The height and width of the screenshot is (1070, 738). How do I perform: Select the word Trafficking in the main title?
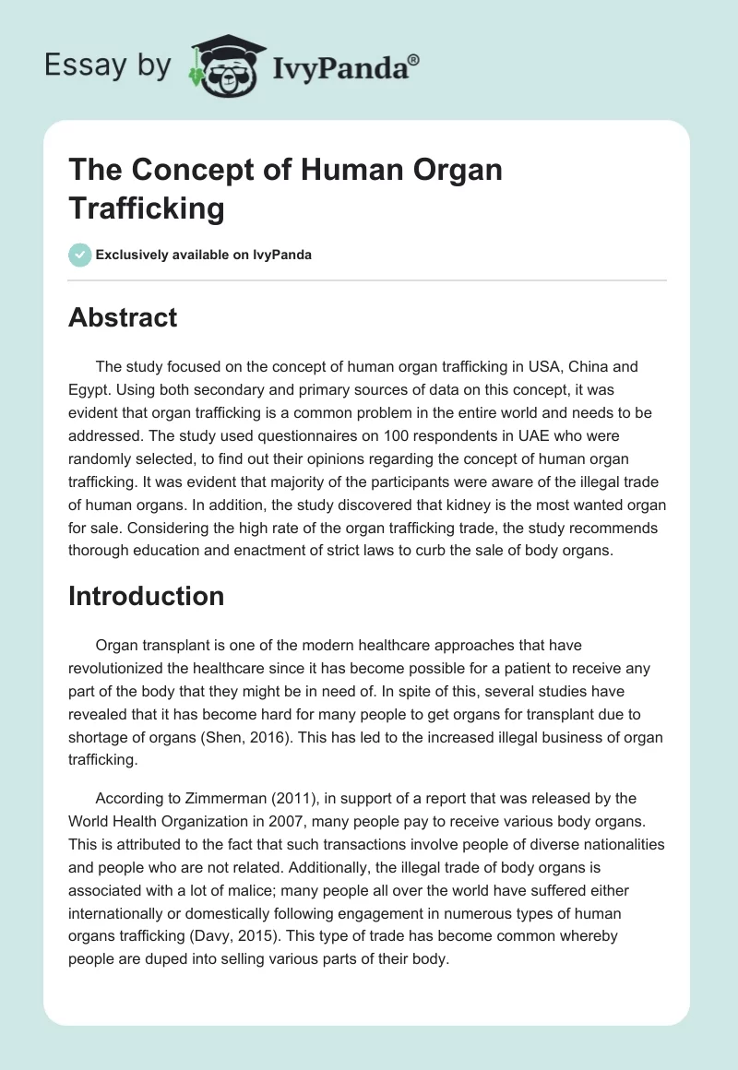[x=147, y=208]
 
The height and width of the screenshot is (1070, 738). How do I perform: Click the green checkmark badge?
[x=79, y=255]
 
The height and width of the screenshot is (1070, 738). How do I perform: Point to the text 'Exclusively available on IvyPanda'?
[x=204, y=255]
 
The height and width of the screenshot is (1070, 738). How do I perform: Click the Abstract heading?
[x=123, y=317]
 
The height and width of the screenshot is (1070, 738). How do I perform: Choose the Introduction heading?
[x=146, y=596]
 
